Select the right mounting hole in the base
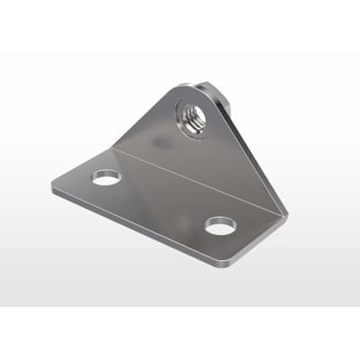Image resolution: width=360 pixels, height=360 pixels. (219, 226)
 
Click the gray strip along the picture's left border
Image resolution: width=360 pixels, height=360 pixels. (8, 180)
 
